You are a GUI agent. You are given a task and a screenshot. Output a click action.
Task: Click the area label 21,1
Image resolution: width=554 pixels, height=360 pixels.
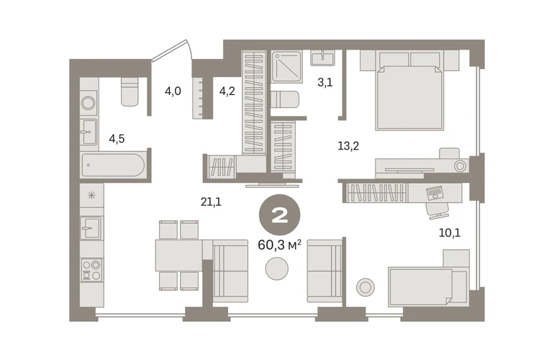(x=211, y=202)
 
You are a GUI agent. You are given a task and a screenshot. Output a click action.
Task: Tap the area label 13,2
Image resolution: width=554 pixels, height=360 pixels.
(x=348, y=145)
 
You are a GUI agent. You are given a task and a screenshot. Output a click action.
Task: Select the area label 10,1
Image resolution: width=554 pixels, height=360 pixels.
(x=450, y=233)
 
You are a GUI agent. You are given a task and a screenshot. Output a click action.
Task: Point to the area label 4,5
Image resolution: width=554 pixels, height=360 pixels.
(x=117, y=139)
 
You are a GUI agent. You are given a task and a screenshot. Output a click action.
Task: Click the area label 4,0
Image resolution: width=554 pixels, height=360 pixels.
(x=173, y=91)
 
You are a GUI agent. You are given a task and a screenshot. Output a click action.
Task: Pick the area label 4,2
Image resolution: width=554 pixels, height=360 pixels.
(x=227, y=91)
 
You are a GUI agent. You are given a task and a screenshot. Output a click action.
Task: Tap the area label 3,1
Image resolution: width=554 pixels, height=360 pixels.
(x=324, y=83)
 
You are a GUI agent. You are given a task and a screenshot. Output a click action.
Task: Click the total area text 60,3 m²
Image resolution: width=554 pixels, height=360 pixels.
(x=279, y=245)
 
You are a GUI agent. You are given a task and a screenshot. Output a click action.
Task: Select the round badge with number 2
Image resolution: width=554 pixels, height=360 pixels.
(x=279, y=215)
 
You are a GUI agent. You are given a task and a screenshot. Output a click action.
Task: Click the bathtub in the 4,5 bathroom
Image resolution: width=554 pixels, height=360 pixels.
(x=113, y=165)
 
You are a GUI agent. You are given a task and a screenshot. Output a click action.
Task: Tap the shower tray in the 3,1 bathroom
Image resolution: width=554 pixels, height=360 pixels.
(x=287, y=66)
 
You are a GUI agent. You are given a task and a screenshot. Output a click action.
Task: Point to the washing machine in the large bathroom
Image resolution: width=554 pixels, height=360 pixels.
(x=88, y=103)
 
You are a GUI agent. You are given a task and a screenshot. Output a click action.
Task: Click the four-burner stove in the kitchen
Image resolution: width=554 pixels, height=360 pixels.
(x=91, y=270)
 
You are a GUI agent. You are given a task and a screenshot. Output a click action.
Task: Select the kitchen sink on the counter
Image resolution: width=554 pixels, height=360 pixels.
(x=91, y=228)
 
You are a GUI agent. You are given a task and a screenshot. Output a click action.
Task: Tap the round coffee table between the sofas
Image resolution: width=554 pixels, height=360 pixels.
(x=277, y=269)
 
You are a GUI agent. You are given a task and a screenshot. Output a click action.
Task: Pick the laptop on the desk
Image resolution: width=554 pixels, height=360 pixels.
(x=435, y=193)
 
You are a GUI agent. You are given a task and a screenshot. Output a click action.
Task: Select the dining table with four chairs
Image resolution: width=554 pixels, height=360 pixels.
(x=178, y=256)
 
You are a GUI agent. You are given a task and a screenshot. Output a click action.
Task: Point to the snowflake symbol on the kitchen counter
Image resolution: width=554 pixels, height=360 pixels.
(x=91, y=195)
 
